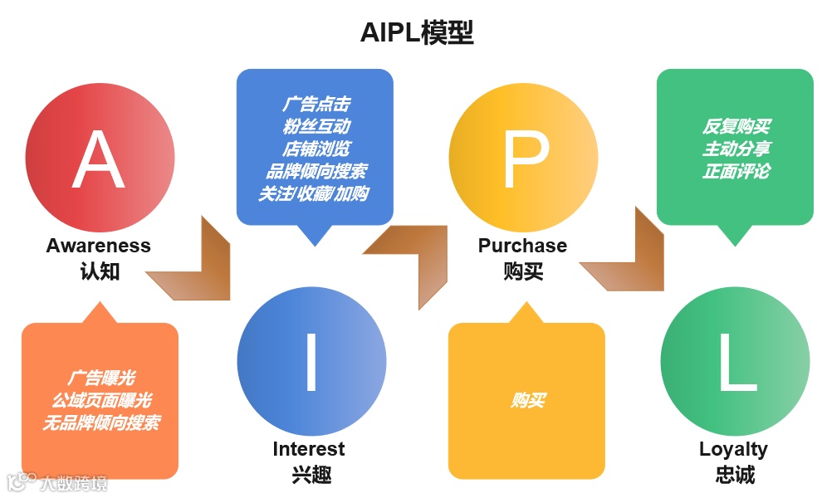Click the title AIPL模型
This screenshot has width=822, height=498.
(417, 33)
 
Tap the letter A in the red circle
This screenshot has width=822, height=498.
(100, 160)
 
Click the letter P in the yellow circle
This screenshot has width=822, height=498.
(524, 160)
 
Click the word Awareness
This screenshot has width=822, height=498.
(99, 246)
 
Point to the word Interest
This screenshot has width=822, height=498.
(309, 449)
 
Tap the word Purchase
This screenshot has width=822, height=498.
(522, 246)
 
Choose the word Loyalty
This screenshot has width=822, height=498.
(733, 449)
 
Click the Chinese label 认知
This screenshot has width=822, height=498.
(100, 271)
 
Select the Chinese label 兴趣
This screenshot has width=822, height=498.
(311, 475)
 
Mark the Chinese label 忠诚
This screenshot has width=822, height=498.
(735, 475)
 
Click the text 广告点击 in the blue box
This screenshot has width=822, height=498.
(316, 105)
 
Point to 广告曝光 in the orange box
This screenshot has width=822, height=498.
(100, 378)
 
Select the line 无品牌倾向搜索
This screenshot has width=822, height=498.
(100, 423)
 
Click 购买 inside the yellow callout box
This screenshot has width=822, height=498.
(527, 401)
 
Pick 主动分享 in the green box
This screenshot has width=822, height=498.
(736, 149)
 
